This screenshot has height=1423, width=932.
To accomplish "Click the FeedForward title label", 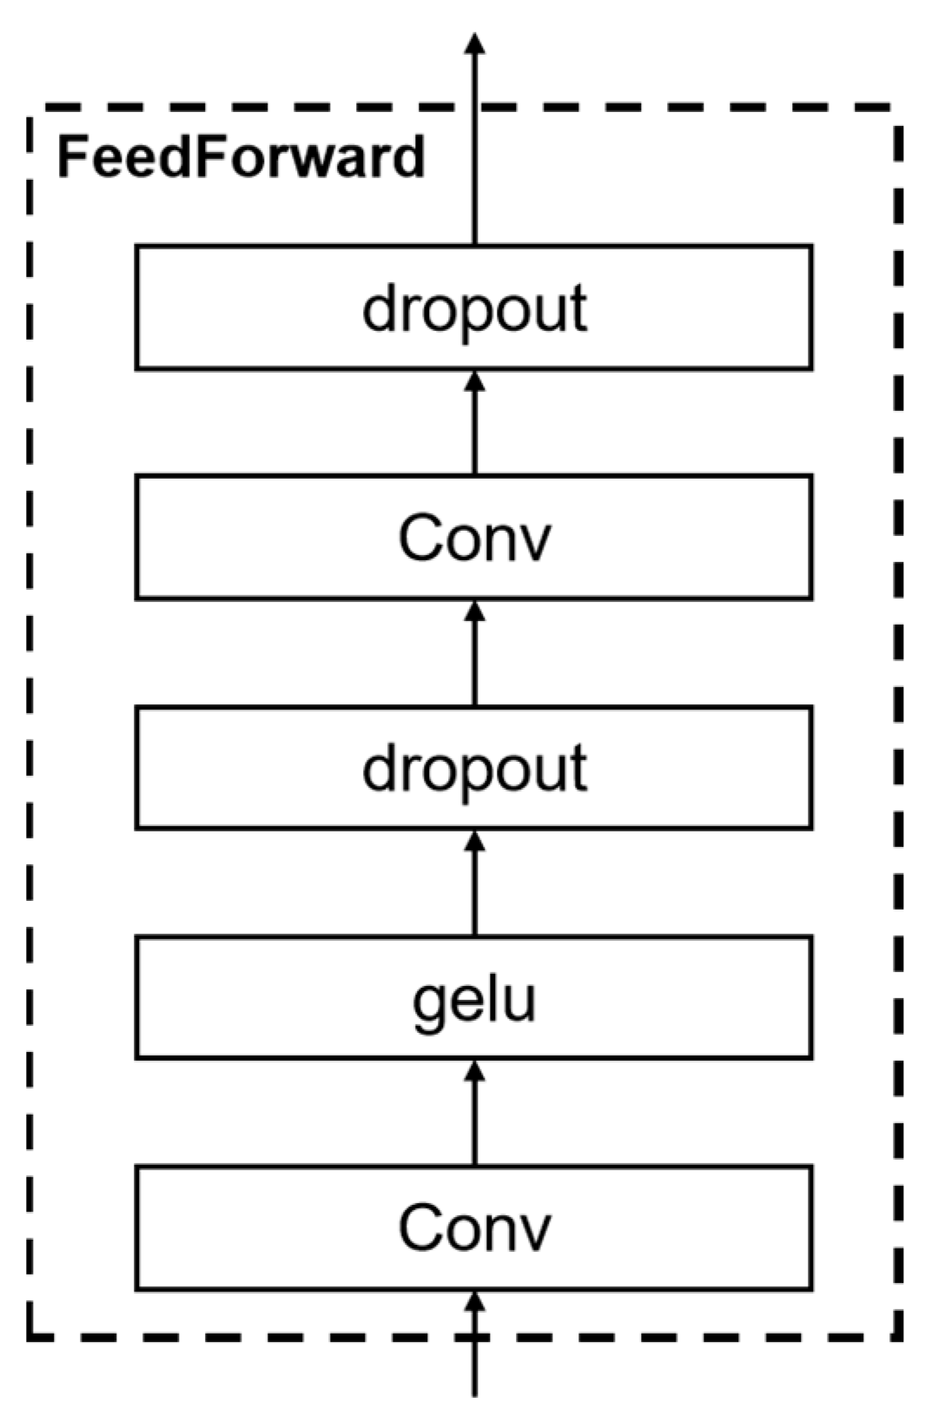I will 241,158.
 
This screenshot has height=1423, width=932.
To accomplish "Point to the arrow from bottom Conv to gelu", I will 474,1116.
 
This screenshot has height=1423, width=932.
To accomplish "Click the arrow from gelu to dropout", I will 474,886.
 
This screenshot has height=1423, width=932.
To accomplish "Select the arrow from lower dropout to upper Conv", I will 474,656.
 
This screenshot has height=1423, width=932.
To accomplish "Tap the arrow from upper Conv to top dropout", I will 474,426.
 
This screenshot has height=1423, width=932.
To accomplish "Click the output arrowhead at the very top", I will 474,43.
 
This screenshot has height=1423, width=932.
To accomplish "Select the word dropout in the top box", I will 474,309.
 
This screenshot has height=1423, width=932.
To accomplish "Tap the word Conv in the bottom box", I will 474,1228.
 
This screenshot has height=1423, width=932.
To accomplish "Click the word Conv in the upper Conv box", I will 474,538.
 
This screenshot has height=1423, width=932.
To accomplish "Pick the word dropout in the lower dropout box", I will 474,770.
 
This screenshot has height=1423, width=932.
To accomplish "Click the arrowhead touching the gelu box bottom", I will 474,1071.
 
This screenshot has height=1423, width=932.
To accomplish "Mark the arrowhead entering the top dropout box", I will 474,381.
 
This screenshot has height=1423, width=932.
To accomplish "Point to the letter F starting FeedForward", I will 70,157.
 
